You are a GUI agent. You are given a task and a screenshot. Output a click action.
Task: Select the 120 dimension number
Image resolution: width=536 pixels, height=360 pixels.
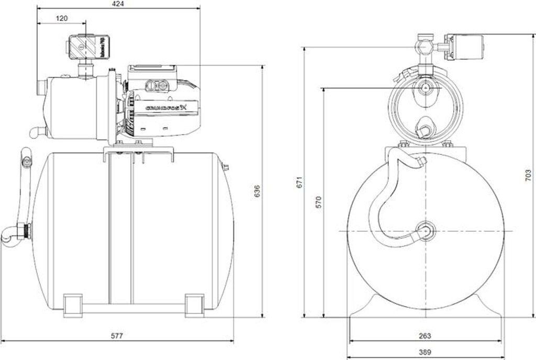(62, 18)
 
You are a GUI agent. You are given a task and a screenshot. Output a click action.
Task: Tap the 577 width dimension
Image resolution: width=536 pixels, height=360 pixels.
(117, 335)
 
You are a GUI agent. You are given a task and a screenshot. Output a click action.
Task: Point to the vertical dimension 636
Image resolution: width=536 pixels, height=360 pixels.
(257, 192)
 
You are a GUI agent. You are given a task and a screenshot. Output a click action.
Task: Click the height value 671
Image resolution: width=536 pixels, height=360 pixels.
(300, 182)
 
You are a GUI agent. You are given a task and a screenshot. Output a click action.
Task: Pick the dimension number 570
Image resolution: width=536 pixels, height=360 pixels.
(319, 202)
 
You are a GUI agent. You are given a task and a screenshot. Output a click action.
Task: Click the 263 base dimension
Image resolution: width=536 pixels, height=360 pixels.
(425, 336)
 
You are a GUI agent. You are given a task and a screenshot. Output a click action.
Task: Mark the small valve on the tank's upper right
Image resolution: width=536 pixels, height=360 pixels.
(226, 168)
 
